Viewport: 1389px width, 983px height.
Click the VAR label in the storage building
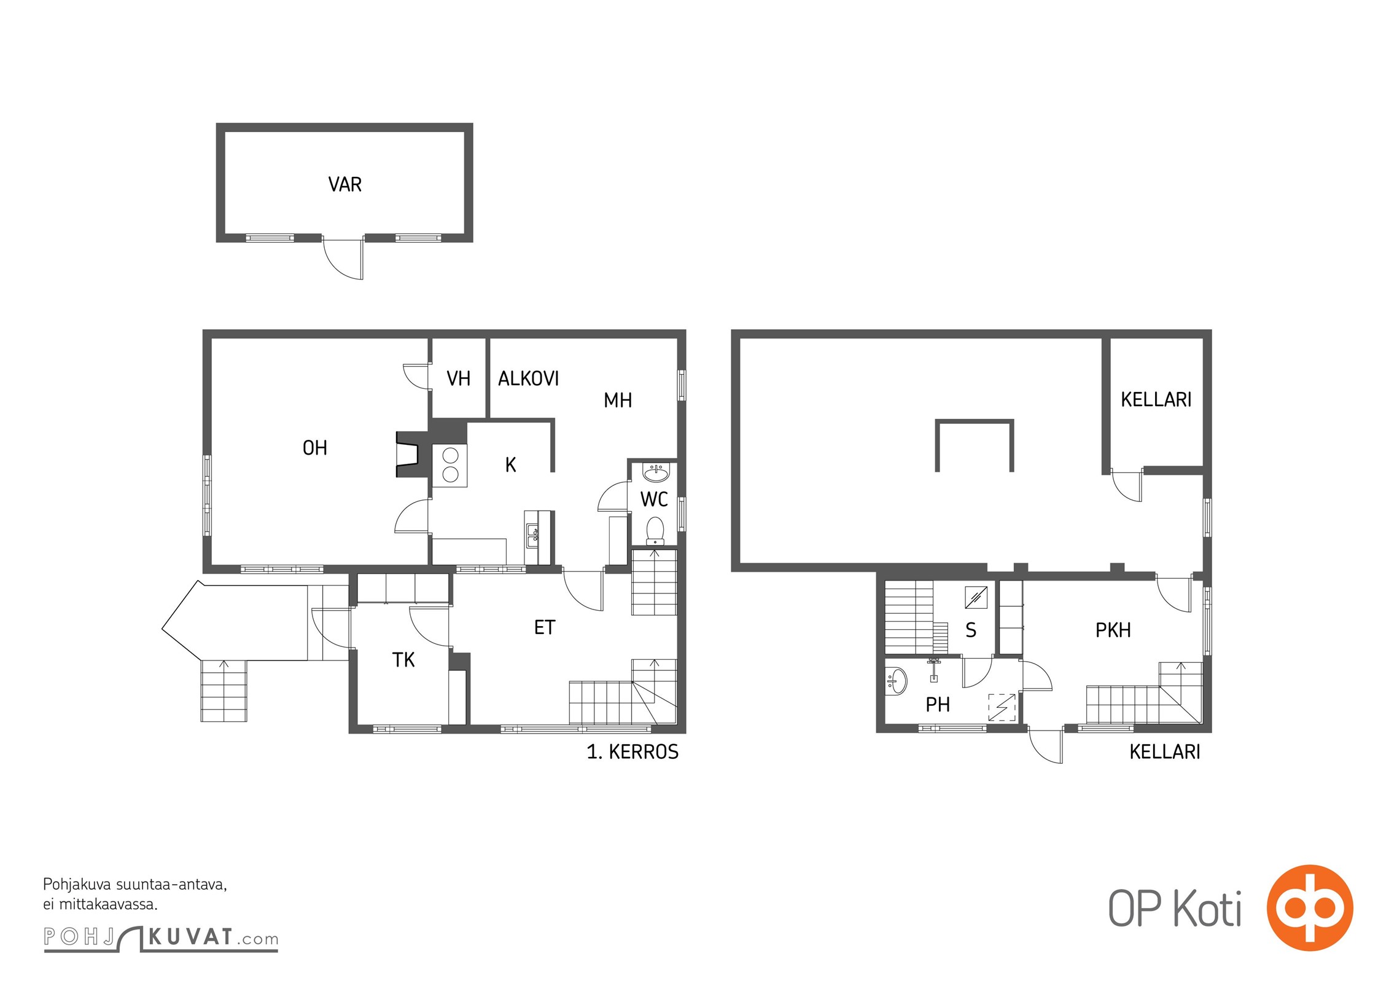pyautogui.click(x=344, y=184)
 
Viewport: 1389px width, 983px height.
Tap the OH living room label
pyautogui.click(x=314, y=448)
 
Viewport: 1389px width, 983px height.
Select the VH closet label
pyautogui.click(x=458, y=378)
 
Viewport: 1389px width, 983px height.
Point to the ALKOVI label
pyautogui.click(x=528, y=378)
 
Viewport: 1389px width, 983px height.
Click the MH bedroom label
pyautogui.click(x=618, y=401)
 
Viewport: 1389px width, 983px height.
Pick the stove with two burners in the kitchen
pyautogui.click(x=450, y=466)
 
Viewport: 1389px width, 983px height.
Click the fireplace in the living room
pyautogui.click(x=408, y=455)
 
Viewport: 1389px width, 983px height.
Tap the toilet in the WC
pyautogui.click(x=655, y=531)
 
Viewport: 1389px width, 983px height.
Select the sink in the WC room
pyautogui.click(x=656, y=473)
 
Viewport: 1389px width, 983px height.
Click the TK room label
pyautogui.click(x=403, y=660)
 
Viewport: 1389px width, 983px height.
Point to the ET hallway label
pyautogui.click(x=545, y=627)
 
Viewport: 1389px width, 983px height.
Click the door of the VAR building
pyautogui.click(x=344, y=259)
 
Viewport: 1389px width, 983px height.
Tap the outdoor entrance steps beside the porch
pyautogui.click(x=224, y=691)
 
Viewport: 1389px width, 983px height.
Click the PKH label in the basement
pyautogui.click(x=1113, y=630)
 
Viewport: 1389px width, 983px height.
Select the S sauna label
pyautogui.click(x=971, y=630)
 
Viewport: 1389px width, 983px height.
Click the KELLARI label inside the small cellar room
pyautogui.click(x=1156, y=400)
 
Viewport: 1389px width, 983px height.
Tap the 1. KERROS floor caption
pyautogui.click(x=632, y=752)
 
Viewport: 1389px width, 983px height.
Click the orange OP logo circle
pyautogui.click(x=1310, y=907)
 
